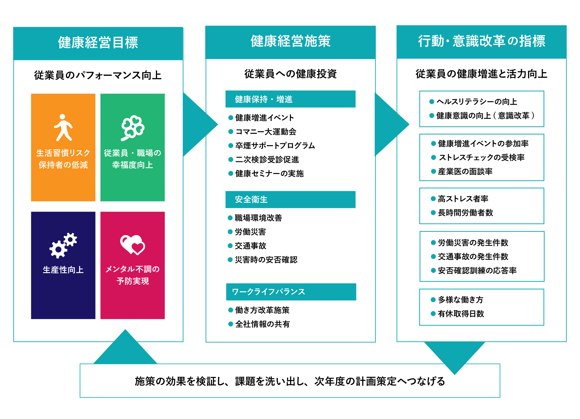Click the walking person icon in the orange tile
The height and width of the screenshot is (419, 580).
coord(63,127)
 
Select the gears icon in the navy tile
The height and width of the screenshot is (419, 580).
coord(63,245)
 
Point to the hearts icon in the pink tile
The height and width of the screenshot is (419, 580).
coord(132,245)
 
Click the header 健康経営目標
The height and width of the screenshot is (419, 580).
coord(98,42)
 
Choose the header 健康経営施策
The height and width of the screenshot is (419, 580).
coord(290,41)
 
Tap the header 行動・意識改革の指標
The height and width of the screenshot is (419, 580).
coord(481,41)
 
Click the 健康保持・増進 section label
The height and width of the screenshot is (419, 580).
coord(264,99)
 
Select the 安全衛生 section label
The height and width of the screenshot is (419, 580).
coord(251,199)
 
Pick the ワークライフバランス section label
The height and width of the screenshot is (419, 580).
coord(268,292)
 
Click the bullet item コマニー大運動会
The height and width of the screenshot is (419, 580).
coord(266,132)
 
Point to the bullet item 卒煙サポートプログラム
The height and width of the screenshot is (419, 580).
coord(275,146)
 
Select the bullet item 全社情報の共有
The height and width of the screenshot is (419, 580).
coord(262,324)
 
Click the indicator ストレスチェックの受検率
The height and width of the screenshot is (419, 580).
coord(482,157)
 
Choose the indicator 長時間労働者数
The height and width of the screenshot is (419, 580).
coord(465,213)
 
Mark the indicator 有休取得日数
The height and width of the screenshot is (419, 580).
coord(461,314)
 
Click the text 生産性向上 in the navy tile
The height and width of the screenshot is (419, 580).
coord(63,270)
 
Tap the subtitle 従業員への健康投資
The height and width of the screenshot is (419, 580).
coord(290,74)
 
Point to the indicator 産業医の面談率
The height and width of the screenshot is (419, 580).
coord(465,171)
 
